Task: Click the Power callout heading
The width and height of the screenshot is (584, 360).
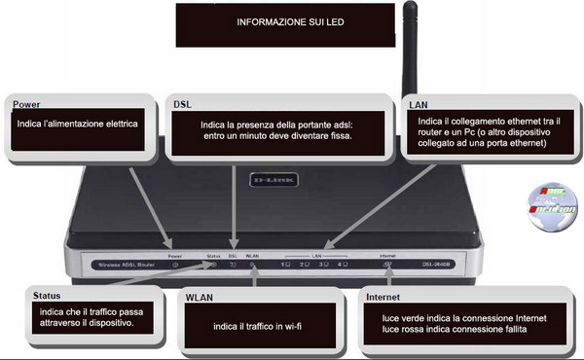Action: (21, 103)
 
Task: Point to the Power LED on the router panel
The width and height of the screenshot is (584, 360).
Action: (175, 264)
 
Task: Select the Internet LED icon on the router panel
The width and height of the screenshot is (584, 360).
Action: (386, 264)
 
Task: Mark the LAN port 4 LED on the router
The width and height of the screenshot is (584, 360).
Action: (343, 264)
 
